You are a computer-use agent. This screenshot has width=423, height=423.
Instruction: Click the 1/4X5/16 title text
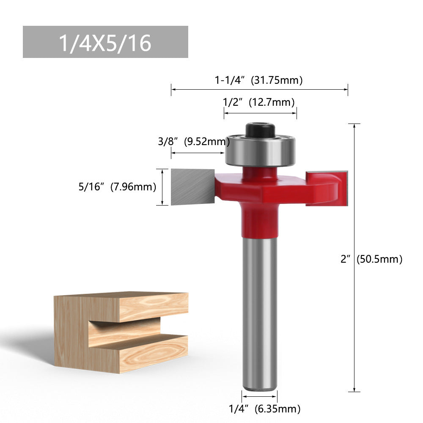[105, 43]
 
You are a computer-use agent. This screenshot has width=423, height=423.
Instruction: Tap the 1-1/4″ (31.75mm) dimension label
[259, 80]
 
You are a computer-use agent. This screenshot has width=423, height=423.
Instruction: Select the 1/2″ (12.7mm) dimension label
[259, 102]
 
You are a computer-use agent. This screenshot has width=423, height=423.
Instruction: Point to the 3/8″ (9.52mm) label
[194, 142]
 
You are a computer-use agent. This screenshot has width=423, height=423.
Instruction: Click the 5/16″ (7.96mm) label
[117, 186]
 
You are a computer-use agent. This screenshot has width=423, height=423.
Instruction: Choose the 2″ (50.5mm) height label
[371, 259]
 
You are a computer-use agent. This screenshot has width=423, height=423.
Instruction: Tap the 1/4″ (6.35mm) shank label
[264, 409]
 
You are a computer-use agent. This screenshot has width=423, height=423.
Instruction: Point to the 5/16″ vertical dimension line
[162, 187]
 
